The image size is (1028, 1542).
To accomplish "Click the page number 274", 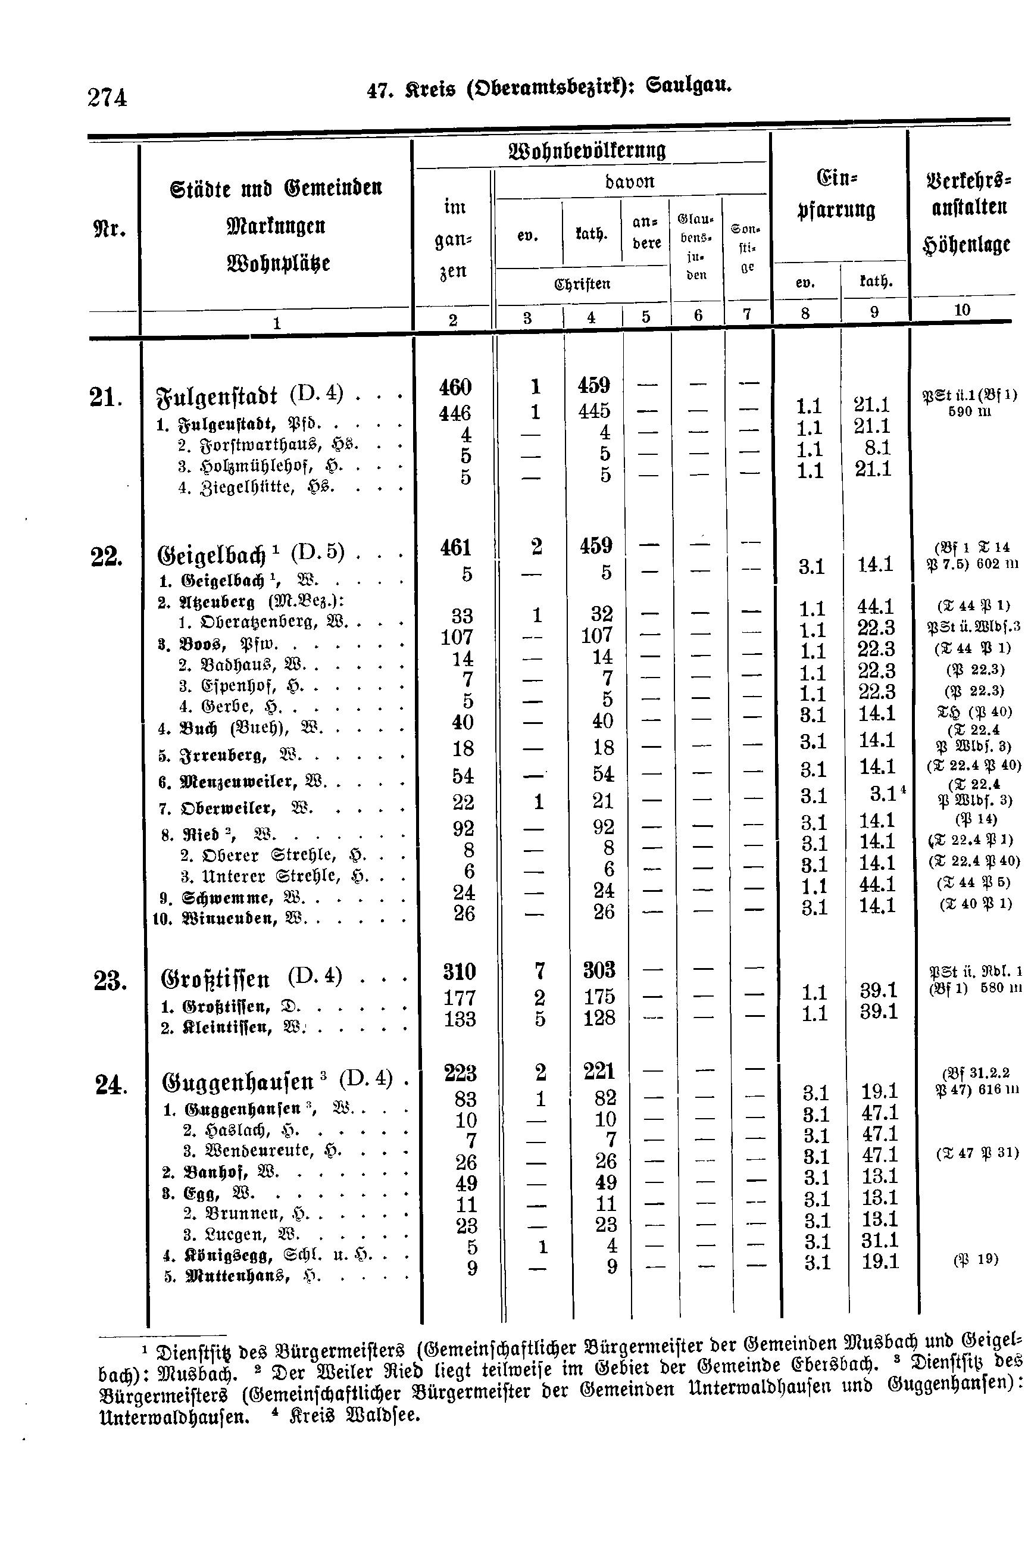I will click(107, 98).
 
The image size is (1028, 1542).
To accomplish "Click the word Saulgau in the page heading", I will click(688, 86).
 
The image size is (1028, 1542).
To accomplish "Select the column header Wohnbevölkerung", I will click(588, 151).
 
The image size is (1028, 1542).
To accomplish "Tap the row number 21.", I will click(105, 397).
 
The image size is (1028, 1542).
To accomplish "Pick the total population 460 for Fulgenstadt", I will click(455, 387).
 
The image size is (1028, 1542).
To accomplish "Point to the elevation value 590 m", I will click(970, 412).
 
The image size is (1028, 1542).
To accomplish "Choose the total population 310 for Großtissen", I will click(459, 971).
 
